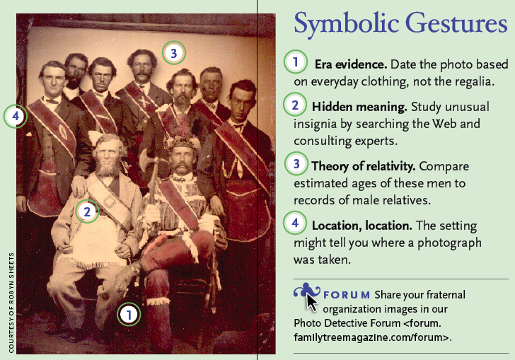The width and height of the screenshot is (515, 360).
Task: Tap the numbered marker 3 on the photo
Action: point(174,52)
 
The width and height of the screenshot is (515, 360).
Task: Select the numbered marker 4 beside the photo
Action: point(16,116)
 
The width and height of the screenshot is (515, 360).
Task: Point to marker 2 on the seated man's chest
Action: point(87,211)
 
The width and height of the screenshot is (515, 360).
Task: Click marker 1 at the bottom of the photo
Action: point(129,315)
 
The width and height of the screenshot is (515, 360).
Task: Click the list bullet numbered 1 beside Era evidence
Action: point(296,62)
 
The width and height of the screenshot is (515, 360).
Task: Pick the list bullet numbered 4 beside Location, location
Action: point(295,223)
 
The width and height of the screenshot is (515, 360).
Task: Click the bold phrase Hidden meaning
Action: point(359,107)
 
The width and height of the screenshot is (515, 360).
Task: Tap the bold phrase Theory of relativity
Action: point(364,166)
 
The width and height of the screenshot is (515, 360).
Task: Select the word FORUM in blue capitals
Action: point(347,295)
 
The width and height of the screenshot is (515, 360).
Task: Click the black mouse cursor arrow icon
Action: point(312,302)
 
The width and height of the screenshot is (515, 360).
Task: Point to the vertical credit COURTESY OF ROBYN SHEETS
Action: point(11,303)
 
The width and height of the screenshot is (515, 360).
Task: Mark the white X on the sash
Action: point(143,101)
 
